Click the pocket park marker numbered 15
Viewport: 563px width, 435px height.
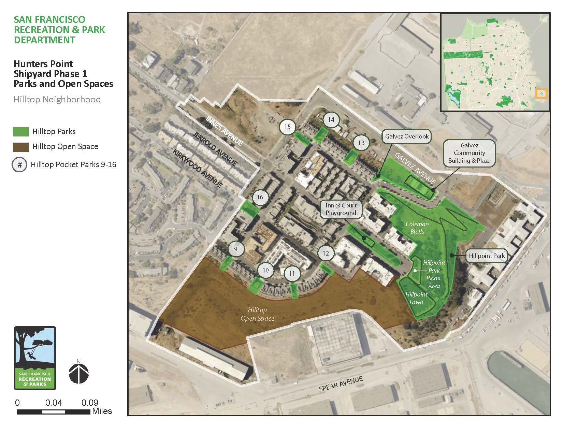[x=287, y=127]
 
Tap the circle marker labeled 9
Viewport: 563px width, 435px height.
[x=236, y=249]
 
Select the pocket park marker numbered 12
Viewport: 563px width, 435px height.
[x=326, y=253]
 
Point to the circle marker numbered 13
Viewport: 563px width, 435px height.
[x=361, y=143]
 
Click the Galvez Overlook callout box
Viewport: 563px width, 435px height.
[x=407, y=136]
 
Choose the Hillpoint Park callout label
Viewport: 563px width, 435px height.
[x=487, y=256]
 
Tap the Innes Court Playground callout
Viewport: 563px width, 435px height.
[x=341, y=209]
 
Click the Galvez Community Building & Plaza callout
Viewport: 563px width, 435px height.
[x=469, y=153]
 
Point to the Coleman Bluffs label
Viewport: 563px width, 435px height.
[x=417, y=228]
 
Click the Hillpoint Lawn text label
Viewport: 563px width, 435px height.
[x=416, y=298]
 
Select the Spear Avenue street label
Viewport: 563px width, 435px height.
[x=341, y=384]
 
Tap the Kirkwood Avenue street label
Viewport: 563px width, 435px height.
[x=198, y=169]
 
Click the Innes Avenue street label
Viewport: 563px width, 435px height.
[x=224, y=130]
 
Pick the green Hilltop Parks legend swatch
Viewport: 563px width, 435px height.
[x=21, y=132]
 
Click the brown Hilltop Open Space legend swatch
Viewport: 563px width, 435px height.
[x=21, y=147]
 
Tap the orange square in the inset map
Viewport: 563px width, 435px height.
[x=542, y=93]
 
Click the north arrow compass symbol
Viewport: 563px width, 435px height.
[x=79, y=373]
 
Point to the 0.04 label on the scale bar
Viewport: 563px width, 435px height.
[x=53, y=403]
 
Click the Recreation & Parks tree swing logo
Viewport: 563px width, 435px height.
[x=35, y=358]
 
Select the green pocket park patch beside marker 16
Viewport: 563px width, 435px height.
[x=250, y=209]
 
